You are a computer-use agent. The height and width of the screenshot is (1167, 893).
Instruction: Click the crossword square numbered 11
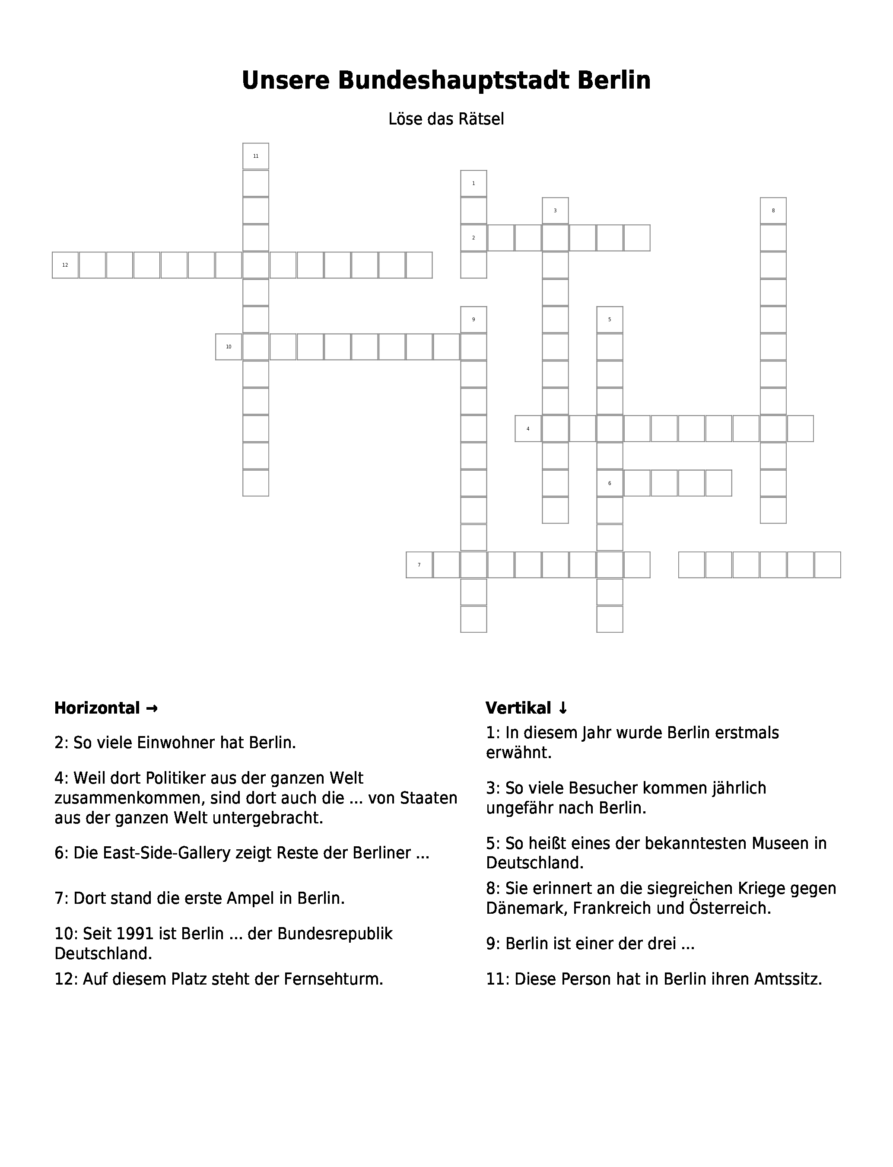click(x=256, y=156)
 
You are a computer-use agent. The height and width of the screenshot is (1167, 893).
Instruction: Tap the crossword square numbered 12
click(x=65, y=265)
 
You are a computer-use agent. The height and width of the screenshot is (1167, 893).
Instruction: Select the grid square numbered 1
click(x=474, y=183)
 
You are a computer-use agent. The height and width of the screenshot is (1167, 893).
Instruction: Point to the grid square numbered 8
click(x=773, y=211)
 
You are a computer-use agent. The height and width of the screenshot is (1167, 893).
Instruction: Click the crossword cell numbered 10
click(x=229, y=347)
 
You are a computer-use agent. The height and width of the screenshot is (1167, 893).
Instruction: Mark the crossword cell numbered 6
click(x=610, y=483)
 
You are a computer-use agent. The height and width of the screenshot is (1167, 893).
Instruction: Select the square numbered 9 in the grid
click(x=474, y=319)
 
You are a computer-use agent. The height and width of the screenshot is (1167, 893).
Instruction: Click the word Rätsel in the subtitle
click(x=483, y=119)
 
